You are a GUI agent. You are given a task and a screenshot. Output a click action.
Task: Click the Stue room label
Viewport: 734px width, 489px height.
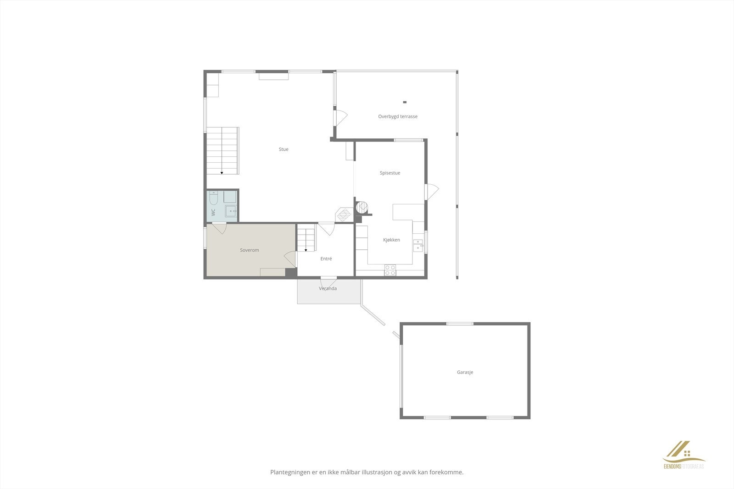coord(284,149)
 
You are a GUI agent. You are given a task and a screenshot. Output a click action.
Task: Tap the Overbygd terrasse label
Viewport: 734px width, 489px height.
coord(398,116)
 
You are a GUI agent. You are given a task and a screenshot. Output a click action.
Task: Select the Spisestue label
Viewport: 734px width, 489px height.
coord(390,173)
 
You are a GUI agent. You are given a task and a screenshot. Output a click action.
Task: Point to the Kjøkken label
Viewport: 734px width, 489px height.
coord(391,240)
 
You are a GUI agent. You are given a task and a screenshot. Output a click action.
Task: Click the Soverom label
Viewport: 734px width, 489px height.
coord(250,250)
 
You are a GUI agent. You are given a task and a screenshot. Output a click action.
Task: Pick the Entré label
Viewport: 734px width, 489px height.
coord(326,259)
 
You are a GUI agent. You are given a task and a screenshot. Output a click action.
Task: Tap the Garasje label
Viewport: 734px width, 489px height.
coord(465,372)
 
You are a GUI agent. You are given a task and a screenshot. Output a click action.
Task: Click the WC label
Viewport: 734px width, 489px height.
coord(213,212)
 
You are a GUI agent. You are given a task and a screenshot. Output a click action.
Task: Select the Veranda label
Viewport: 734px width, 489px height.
coord(328,288)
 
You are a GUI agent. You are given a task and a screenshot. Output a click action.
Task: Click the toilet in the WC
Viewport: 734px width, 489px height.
coord(214,198)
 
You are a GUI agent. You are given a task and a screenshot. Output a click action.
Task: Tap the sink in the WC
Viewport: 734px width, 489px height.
coord(231,211)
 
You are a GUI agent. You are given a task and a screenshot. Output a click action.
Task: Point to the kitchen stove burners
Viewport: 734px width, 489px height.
coord(390,270)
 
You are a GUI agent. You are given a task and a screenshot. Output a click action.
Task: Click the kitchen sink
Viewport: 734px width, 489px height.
coord(418,245)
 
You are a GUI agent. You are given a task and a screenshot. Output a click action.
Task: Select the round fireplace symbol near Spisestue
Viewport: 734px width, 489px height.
coord(363,207)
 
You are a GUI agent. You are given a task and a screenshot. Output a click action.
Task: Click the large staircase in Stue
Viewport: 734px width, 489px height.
coord(222,150)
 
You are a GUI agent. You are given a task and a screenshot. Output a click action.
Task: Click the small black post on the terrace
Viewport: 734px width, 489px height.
coord(405,102)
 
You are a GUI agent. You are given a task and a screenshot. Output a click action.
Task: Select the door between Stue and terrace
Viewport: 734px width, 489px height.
coord(340,117)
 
